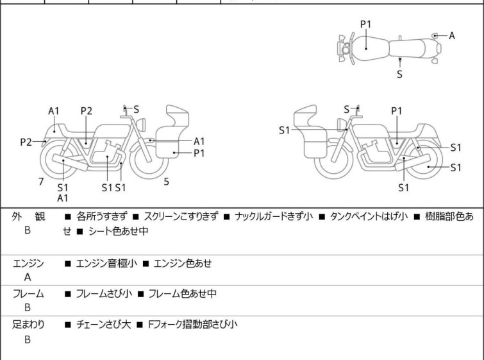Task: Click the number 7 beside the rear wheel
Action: pos(41,182)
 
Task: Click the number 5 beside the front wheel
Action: pos(167,182)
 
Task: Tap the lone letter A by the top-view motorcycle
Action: pos(452,36)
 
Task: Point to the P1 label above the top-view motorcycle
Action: pos(365,24)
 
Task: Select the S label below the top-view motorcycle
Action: pos(400,74)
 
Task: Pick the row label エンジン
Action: pos(29,263)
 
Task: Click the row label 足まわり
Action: pos(29,325)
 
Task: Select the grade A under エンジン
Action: pos(28,277)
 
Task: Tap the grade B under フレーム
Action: pos(28,308)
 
